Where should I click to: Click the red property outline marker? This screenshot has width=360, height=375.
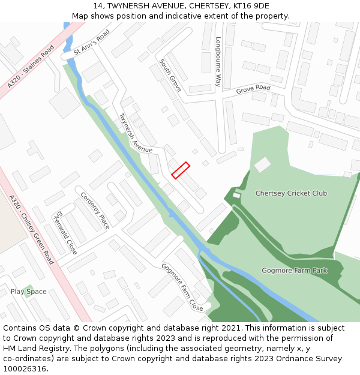click(x=181, y=170)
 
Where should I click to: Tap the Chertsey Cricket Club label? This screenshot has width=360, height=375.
click(x=291, y=193)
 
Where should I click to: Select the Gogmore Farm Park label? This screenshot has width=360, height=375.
click(x=294, y=271)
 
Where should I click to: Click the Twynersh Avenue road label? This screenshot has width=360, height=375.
click(x=136, y=133)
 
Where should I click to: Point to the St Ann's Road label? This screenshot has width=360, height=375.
click(x=92, y=44)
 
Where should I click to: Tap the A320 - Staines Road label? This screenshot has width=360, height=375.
click(x=31, y=65)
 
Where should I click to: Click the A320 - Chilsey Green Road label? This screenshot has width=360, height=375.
click(x=31, y=229)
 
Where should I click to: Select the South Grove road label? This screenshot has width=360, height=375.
click(x=170, y=75)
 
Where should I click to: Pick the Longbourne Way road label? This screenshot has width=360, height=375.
click(x=218, y=62)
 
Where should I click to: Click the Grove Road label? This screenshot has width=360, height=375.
click(x=253, y=89)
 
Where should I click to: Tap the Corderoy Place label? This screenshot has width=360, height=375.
click(x=95, y=210)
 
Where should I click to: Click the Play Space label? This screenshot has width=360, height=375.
click(x=28, y=292)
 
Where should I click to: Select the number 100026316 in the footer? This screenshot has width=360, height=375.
click(x=24, y=369)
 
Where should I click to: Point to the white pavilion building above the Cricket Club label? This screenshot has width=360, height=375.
click(x=262, y=164)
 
